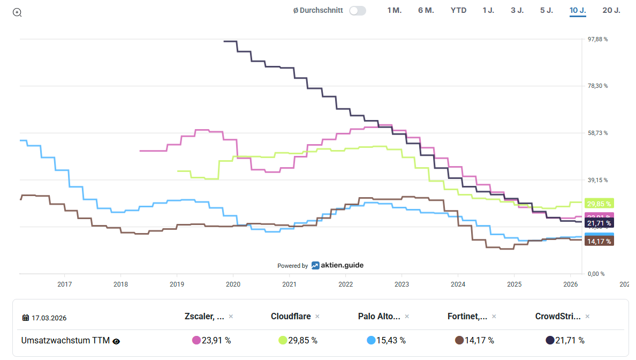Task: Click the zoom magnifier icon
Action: click(17, 12)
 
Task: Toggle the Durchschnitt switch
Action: click(357, 11)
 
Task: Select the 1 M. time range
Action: click(394, 10)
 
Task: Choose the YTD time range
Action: click(458, 10)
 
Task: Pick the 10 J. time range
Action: click(578, 10)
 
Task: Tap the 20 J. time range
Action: click(611, 10)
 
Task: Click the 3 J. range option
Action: click(517, 10)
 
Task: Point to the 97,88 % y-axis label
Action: click(597, 39)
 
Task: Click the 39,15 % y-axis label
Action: click(597, 180)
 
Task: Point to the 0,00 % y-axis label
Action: click(596, 274)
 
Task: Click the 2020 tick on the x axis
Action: click(233, 284)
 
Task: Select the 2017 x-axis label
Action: click(65, 284)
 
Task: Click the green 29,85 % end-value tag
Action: click(599, 204)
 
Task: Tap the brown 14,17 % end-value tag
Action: click(599, 241)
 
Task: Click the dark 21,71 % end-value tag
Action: click(599, 223)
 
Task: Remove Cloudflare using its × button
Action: click(317, 317)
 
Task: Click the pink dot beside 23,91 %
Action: click(196, 340)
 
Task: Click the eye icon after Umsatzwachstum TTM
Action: click(116, 341)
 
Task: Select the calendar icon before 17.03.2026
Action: click(26, 318)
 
